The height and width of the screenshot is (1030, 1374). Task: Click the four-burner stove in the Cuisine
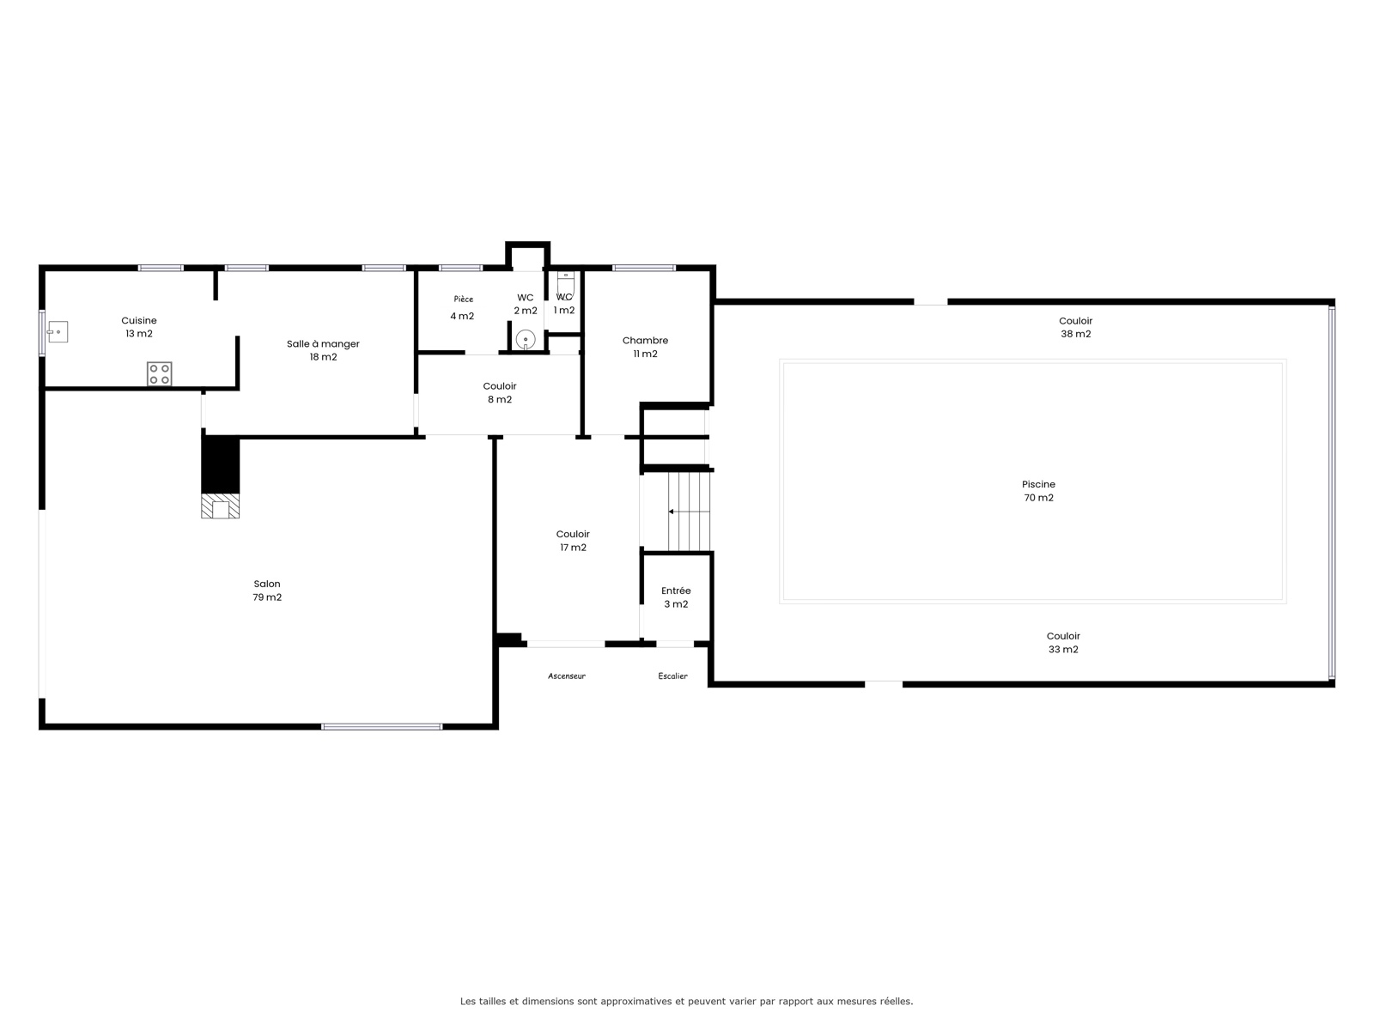click(159, 374)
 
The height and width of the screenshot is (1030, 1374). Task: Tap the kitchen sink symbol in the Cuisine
click(58, 331)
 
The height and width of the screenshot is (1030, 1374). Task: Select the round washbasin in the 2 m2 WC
click(526, 340)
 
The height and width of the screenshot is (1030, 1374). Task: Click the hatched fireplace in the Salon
click(220, 506)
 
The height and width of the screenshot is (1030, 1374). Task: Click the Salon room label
click(267, 584)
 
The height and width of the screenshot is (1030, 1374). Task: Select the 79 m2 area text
click(267, 597)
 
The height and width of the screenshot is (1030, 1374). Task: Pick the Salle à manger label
click(323, 343)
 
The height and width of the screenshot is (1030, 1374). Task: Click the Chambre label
click(645, 340)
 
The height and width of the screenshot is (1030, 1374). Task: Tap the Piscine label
click(1038, 484)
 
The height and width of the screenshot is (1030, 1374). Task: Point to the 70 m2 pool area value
click(1038, 498)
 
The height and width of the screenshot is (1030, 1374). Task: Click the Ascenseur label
click(567, 676)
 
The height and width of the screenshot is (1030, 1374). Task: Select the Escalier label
click(673, 676)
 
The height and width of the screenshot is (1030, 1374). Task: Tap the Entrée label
click(676, 591)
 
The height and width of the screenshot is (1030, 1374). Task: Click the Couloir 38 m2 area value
click(1075, 334)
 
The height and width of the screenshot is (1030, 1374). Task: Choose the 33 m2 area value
click(1063, 649)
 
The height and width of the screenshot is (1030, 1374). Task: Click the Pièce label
click(463, 299)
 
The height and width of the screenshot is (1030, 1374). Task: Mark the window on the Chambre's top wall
click(643, 268)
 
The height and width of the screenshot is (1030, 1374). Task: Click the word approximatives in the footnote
click(636, 1001)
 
